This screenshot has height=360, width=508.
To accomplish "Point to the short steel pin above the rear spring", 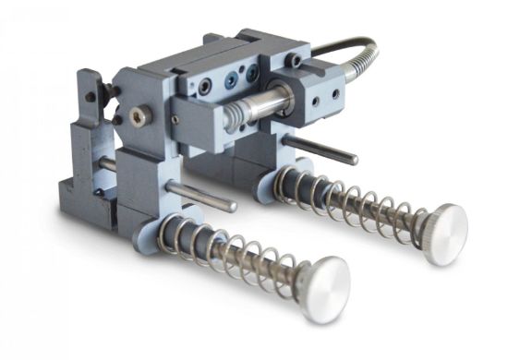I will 319,150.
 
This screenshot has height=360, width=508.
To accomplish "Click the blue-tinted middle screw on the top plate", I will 222,80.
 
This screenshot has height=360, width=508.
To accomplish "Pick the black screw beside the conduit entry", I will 293,61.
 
